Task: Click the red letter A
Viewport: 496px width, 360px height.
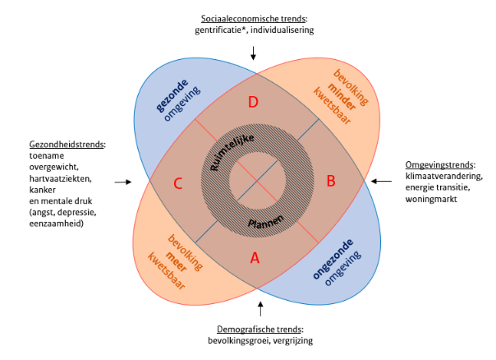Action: click(255, 257)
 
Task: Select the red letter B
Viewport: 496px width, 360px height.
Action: click(332, 181)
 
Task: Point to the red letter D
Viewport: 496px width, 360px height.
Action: click(254, 102)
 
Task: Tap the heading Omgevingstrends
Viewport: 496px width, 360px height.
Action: click(440, 164)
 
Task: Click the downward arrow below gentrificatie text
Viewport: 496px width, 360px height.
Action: click(254, 53)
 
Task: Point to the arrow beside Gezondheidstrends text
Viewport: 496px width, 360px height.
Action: click(123, 182)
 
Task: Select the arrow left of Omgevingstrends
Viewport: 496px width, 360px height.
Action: click(380, 181)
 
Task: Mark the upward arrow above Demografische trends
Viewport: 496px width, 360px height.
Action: click(259, 308)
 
